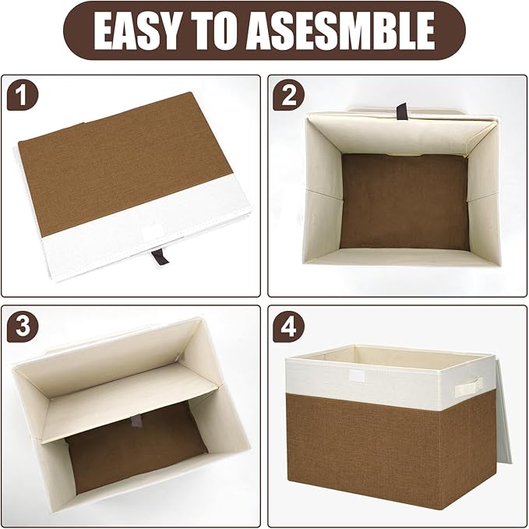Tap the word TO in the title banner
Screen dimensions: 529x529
click(229, 31)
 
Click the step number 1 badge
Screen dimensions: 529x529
click(22, 97)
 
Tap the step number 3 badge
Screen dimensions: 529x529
click(22, 327)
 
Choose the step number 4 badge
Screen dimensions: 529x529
click(290, 327)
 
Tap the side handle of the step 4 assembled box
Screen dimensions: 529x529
click(469, 384)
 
